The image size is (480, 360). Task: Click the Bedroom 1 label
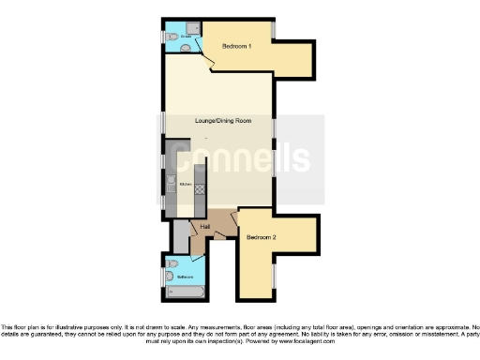coord(236,46)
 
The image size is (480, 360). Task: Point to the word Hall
coord(204,226)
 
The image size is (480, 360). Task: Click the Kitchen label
coord(186,184)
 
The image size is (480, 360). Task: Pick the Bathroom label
coord(186,277)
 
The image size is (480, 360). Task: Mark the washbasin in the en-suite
coord(185,46)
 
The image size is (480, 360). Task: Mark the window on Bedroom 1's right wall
coord(273,30)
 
